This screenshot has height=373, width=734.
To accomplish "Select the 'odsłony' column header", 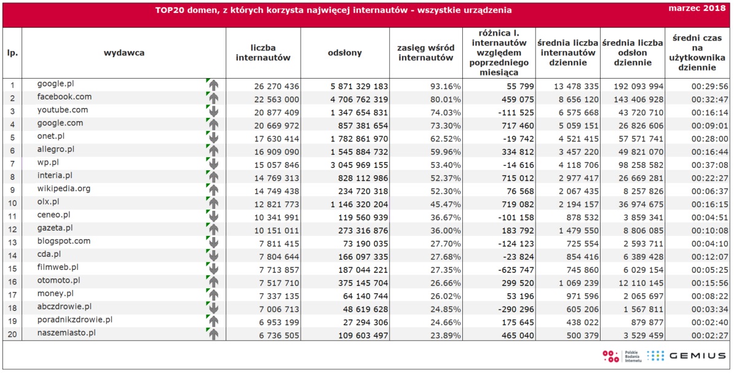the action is pos(344,53).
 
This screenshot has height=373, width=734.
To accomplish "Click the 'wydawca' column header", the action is pos(124,53).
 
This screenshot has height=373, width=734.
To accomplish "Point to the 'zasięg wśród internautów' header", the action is pos(425,53).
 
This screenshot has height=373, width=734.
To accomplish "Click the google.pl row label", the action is pos(56,84).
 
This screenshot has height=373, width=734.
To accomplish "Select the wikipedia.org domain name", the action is pos(64,189).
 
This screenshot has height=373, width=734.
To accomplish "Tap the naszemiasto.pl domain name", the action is pos(66,333).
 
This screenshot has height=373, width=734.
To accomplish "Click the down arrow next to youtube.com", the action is pos(213,111).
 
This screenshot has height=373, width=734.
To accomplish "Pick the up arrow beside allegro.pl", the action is pos(213,151).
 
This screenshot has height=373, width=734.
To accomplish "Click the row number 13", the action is pos(13,243).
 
